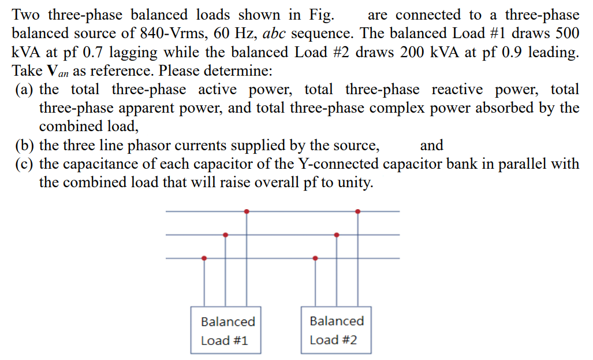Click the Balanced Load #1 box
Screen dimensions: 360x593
[226, 330]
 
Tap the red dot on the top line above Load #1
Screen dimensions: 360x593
[247, 211]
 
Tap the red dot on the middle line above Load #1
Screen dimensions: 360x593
[225, 235]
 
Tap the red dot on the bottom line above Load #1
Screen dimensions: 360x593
[204, 258]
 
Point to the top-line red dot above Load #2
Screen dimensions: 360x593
[358, 211]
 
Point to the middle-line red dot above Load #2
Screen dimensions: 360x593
[337, 235]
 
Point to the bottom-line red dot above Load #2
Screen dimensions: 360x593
[315, 258]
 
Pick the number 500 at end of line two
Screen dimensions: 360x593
[565, 34]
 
